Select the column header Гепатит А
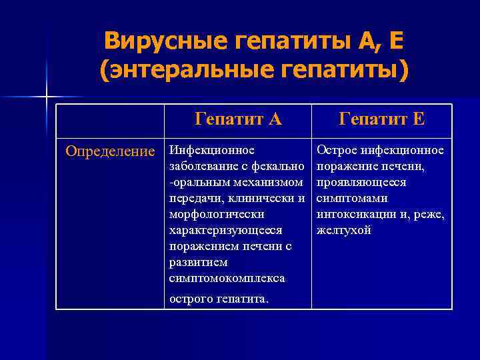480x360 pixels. (238, 119)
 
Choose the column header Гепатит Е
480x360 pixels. (382, 119)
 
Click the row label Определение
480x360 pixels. (109, 150)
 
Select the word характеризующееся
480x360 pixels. (226, 230)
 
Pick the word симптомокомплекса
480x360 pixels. (227, 278)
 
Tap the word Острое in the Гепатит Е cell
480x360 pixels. (335, 150)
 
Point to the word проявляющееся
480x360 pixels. (361, 182)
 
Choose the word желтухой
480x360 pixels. (343, 230)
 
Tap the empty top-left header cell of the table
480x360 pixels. (110, 119)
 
